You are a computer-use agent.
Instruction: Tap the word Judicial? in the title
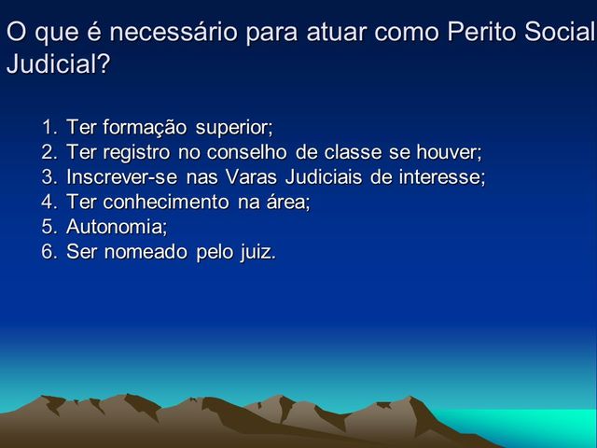[x=57, y=65]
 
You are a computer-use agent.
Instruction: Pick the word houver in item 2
[x=446, y=152]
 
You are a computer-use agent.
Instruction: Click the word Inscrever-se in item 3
[x=116, y=177]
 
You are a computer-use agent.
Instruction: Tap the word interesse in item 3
[x=440, y=177]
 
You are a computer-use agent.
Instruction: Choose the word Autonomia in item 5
[x=116, y=228]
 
